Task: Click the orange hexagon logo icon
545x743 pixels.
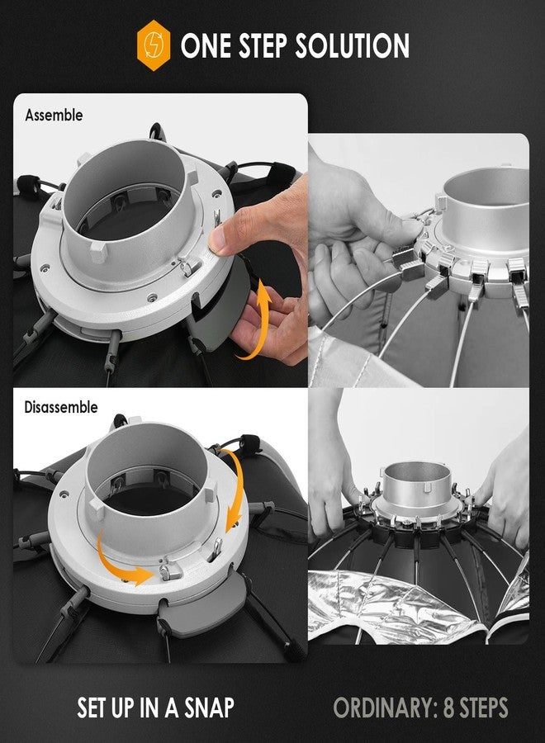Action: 154,45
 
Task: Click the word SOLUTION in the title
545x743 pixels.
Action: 352,46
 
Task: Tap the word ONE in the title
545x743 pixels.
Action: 206,46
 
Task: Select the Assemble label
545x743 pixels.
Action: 54,115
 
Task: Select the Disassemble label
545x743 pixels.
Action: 61,407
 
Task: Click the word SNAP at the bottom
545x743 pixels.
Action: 209,708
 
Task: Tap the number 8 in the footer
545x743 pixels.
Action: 449,708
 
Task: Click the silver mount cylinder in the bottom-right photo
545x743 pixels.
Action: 416,483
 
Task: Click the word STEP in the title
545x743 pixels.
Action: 263,46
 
